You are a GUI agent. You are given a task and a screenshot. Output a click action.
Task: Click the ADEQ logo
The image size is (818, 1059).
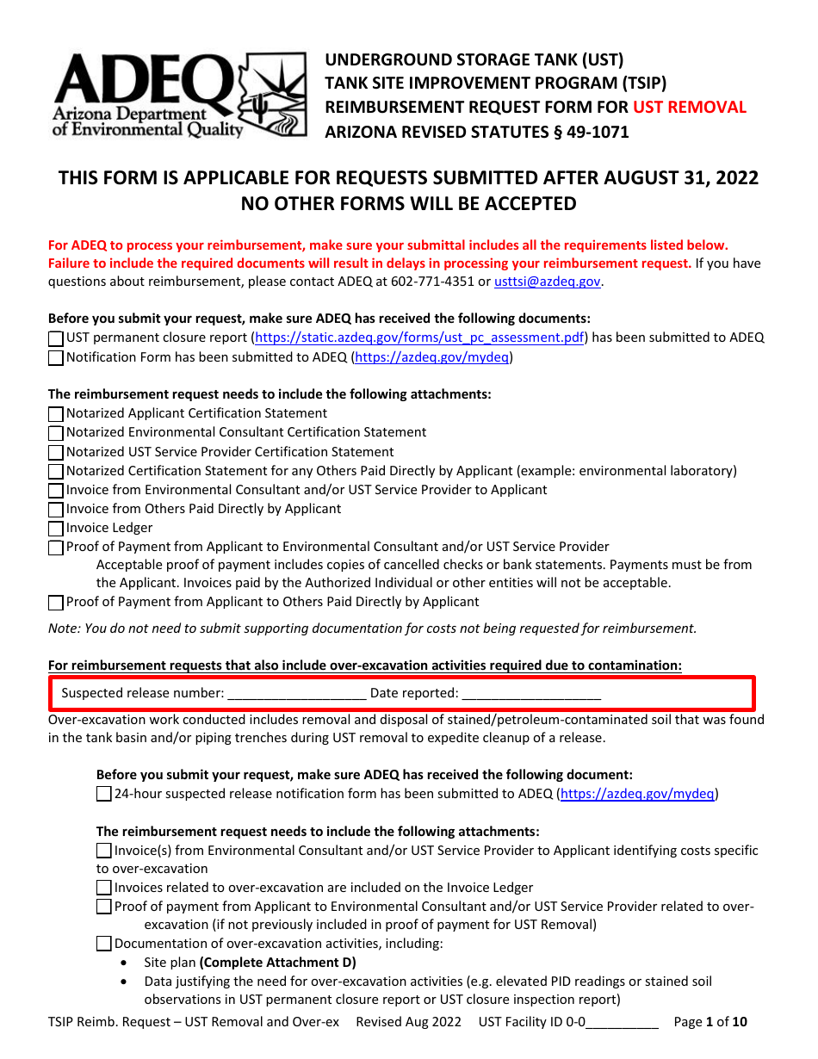click(179, 94)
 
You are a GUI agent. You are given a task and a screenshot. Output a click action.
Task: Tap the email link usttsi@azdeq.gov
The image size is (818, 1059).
click(547, 282)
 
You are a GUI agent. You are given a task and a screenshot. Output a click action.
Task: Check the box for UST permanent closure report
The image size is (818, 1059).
click(56, 339)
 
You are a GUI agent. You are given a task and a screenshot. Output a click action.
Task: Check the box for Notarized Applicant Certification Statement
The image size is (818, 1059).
click(56, 414)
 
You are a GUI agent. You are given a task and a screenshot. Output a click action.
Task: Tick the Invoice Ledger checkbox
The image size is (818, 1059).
click(56, 529)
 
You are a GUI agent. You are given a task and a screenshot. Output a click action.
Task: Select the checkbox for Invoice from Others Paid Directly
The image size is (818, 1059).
click(56, 510)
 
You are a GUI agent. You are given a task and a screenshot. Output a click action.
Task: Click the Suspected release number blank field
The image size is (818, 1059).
click(297, 693)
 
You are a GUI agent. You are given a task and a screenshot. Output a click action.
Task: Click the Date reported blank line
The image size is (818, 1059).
click(531, 693)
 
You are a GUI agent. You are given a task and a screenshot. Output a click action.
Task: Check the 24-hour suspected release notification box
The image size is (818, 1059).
click(104, 795)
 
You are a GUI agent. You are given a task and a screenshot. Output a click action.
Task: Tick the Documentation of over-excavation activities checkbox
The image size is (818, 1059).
click(104, 944)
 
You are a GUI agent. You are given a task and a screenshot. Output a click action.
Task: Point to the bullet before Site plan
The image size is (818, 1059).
click(126, 963)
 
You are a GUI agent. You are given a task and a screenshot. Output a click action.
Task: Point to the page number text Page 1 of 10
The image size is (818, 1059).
click(710, 1023)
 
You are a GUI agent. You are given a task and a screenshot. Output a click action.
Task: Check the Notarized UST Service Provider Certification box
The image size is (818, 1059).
click(56, 452)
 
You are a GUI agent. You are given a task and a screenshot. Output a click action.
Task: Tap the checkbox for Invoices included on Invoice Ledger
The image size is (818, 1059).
click(104, 888)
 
